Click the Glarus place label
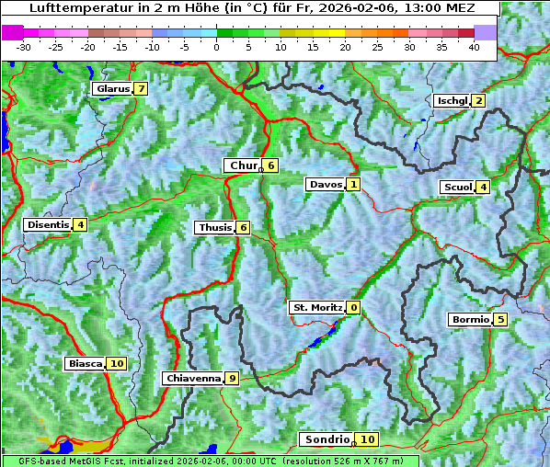[111, 89]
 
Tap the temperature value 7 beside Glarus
[140, 89]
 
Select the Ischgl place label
[452, 101]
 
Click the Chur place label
[243, 165]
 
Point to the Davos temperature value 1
[353, 185]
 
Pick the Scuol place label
[457, 188]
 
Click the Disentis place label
[48, 224]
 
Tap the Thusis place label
[214, 228]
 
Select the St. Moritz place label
[316, 307]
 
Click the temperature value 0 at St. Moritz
[354, 308]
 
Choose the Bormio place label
[470, 320]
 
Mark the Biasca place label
[85, 364]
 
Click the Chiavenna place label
[192, 378]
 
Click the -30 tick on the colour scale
[24, 46]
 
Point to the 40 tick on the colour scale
[474, 46]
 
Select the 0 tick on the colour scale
[216, 46]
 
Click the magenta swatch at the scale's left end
[12, 32]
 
